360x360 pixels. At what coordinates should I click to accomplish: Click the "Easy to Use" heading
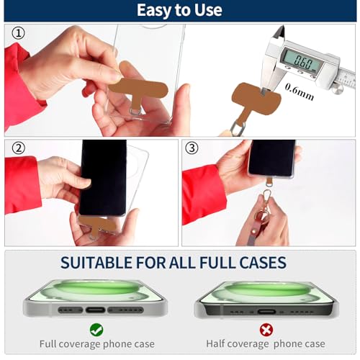point(179,10)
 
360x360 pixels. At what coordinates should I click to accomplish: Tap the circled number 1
point(18,33)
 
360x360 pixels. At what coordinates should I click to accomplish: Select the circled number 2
point(18,148)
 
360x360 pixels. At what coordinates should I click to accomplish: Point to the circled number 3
point(192,148)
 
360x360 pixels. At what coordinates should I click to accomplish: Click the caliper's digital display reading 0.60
point(303,61)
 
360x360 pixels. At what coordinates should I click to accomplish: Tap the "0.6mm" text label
point(300,92)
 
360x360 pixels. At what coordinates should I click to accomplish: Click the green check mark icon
point(96,330)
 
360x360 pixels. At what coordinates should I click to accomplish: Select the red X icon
point(266,330)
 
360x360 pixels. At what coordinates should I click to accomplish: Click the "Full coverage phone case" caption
point(97,344)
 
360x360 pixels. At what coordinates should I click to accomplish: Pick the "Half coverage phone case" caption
point(266,343)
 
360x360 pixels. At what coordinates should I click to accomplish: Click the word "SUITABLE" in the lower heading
point(96,262)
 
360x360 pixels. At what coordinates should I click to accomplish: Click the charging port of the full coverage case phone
point(95,310)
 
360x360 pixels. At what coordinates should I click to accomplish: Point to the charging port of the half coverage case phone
point(266,312)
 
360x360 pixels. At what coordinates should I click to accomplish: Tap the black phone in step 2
point(103,178)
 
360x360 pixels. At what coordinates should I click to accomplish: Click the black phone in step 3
point(272,158)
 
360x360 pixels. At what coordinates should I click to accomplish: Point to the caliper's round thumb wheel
point(338,89)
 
